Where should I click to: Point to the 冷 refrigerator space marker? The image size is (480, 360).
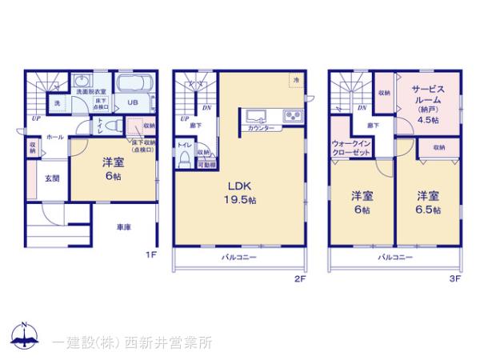coord(295,80)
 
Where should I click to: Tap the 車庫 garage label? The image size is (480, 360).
coord(122,226)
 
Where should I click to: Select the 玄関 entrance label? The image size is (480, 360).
coord(51,178)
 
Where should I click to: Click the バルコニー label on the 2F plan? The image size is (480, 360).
coord(239,258)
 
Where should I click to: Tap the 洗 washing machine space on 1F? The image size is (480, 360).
coord(57,103)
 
